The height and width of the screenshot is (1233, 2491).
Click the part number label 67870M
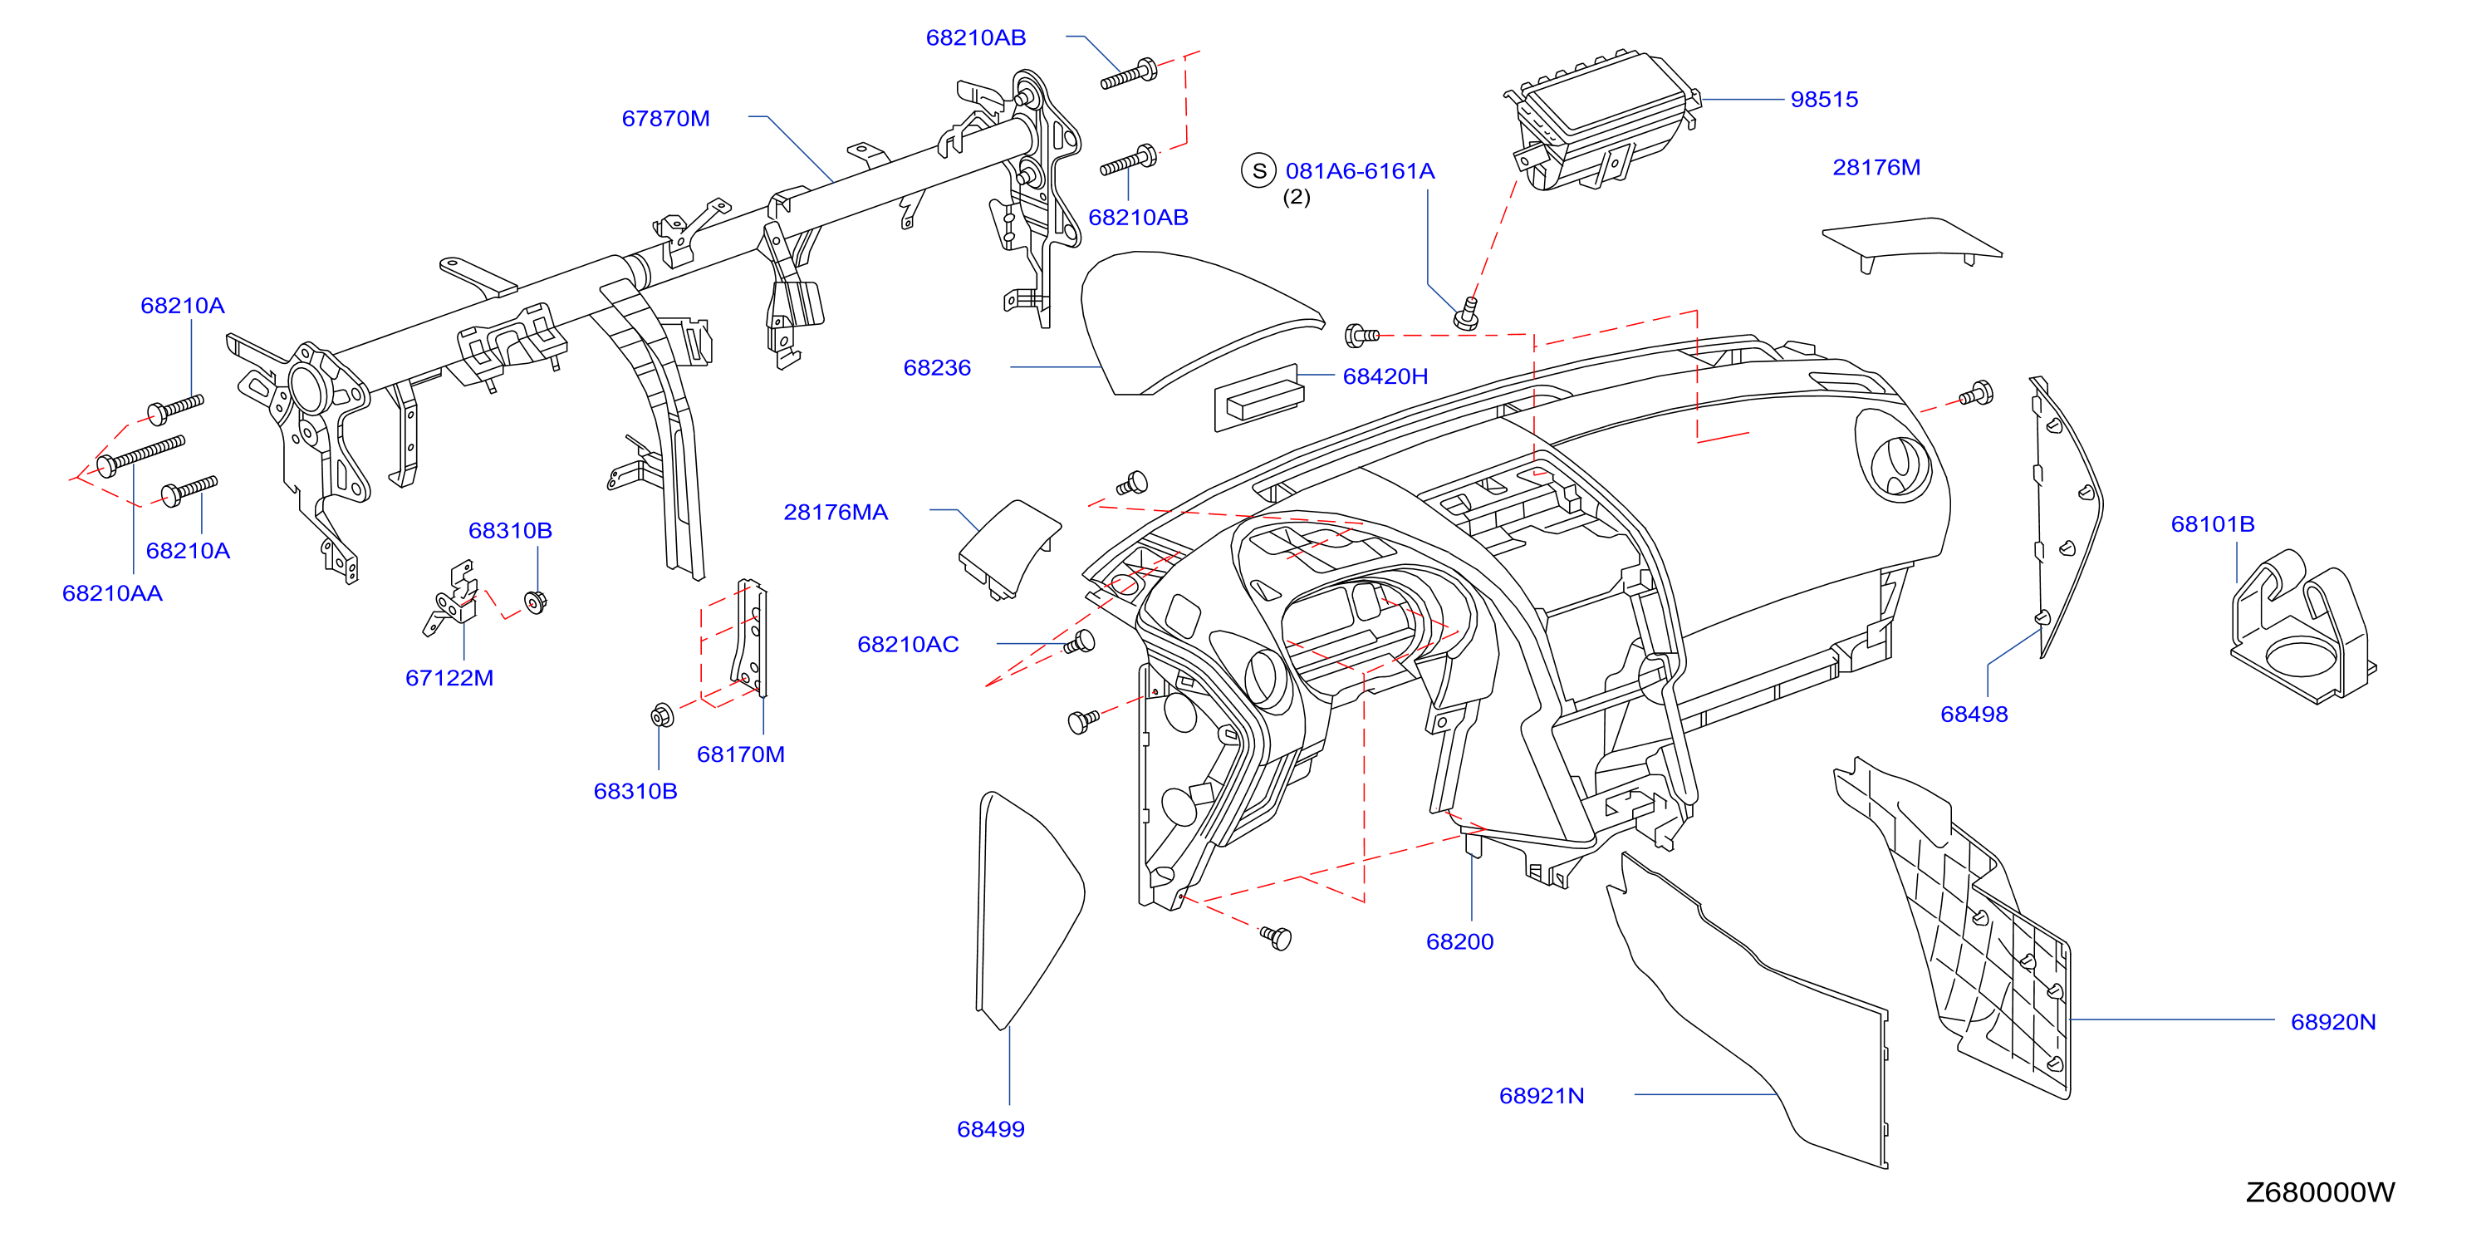(665, 119)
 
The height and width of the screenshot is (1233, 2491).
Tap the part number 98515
(1824, 100)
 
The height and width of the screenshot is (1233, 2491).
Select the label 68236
(937, 367)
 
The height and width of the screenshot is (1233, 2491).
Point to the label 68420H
(1385, 376)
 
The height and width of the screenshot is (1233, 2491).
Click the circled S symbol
(1259, 171)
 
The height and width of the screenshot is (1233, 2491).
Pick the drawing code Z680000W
(2320, 1192)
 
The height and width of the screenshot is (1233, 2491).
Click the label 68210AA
(112, 592)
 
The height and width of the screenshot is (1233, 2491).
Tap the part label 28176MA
(836, 512)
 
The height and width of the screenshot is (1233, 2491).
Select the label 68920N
(2332, 1022)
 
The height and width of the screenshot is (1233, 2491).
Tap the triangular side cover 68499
(1029, 909)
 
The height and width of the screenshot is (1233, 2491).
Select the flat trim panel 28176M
(1910, 243)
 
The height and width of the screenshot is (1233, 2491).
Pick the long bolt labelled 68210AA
(141, 455)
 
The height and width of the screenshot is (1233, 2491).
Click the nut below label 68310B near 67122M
(536, 602)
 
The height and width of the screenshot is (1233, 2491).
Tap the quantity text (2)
(1296, 197)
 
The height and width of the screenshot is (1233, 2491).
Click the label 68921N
(1542, 1096)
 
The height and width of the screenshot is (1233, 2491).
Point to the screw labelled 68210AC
(1079, 642)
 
